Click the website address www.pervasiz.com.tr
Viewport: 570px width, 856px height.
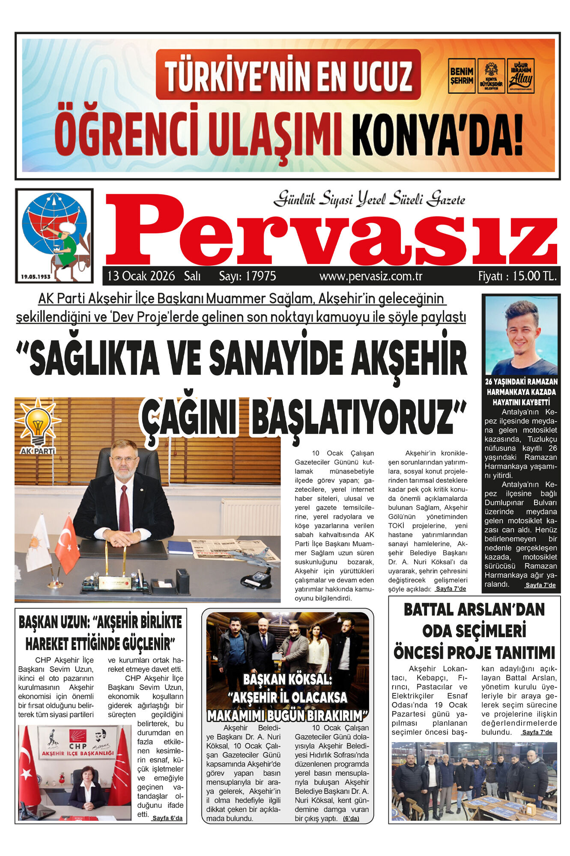pyautogui.click(x=370, y=276)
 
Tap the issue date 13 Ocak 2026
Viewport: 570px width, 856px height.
pyautogui.click(x=141, y=276)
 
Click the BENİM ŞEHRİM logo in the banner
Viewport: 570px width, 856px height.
pyautogui.click(x=461, y=76)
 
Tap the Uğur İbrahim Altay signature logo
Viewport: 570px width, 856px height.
pyautogui.click(x=520, y=76)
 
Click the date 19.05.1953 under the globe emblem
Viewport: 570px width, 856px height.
pyautogui.click(x=36, y=276)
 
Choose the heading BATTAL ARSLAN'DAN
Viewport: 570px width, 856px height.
pyautogui.click(x=474, y=609)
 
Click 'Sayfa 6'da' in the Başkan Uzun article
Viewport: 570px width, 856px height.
pyautogui.click(x=167, y=818)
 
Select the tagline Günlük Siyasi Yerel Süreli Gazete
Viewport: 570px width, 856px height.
pyautogui.click(x=369, y=199)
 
